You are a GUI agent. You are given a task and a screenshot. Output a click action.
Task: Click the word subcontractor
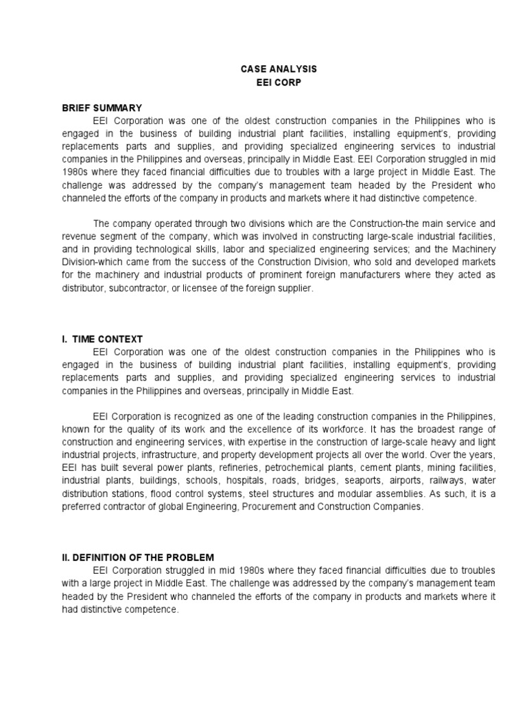pyautogui.click(x=141, y=289)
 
